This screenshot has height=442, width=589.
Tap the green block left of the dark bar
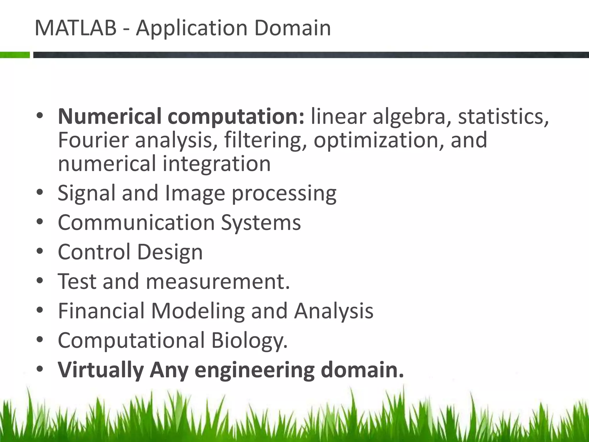[x=15, y=55]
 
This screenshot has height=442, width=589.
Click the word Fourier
[x=93, y=140]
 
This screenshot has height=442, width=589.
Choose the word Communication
[x=136, y=222]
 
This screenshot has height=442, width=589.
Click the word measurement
[x=218, y=281]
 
